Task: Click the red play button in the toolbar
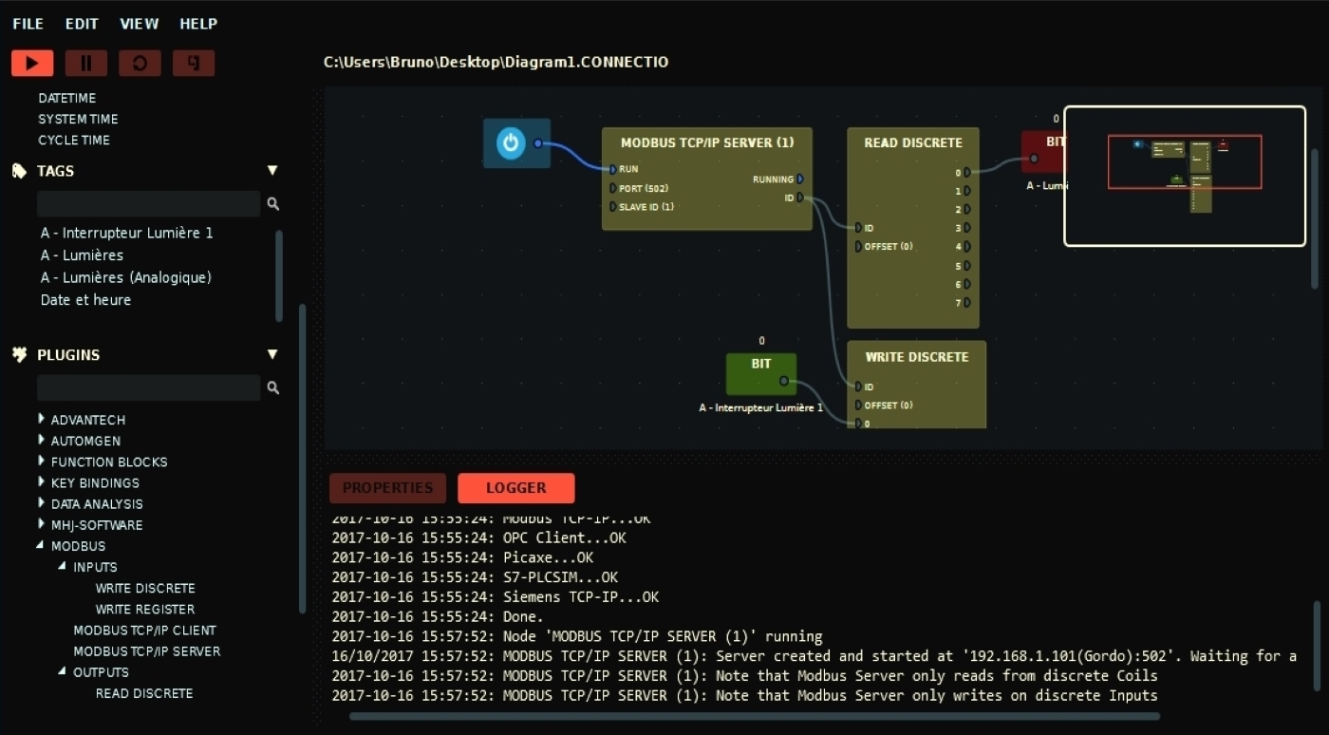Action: click(32, 64)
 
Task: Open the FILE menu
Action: click(28, 24)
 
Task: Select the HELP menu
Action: click(198, 24)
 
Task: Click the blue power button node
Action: click(511, 143)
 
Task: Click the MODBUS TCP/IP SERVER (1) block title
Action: click(707, 143)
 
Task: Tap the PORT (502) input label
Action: click(643, 188)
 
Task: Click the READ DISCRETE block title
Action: click(912, 143)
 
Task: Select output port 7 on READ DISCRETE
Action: click(966, 303)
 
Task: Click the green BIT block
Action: click(760, 373)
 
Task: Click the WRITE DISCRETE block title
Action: click(916, 357)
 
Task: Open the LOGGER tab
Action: click(515, 488)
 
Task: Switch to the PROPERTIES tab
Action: click(387, 488)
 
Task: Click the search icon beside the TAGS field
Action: click(273, 204)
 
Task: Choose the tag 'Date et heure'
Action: click(85, 300)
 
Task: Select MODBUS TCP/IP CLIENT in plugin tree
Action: click(144, 631)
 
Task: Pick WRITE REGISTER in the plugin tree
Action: click(144, 610)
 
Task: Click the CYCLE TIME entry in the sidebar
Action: click(74, 141)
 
